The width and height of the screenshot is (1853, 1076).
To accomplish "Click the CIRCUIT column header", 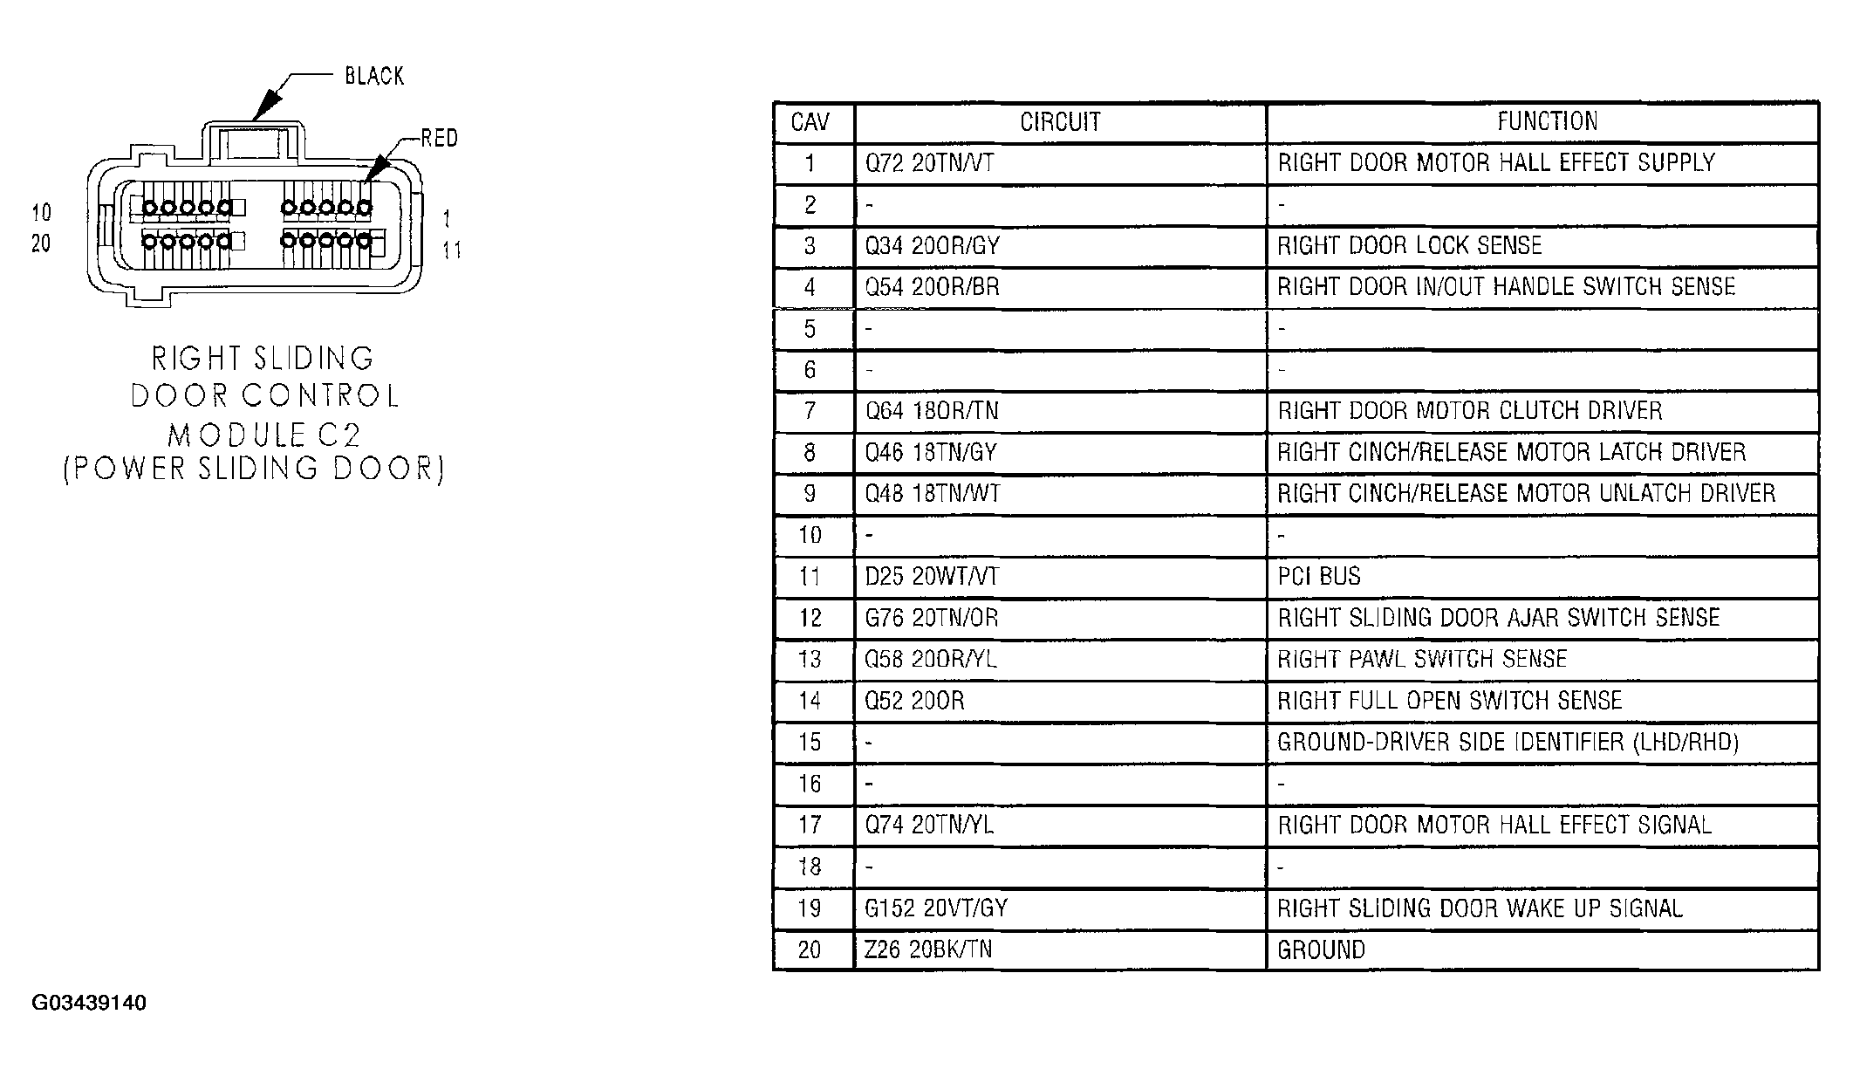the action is [x=1060, y=122].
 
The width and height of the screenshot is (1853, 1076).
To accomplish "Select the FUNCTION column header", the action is [x=1547, y=121].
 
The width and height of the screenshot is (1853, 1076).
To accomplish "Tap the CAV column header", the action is [x=810, y=122].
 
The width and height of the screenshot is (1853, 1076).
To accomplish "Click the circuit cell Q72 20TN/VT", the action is [x=929, y=163].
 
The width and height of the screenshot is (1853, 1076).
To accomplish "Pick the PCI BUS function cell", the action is [x=1318, y=577].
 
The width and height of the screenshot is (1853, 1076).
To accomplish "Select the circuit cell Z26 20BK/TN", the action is [x=928, y=949].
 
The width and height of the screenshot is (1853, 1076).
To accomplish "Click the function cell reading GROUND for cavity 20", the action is [x=1321, y=949].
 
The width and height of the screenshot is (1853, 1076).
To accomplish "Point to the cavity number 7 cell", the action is [x=810, y=411].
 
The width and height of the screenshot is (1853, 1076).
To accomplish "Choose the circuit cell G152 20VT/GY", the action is [x=936, y=908].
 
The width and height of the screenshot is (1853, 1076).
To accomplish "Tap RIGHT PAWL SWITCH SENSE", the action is [x=1422, y=659].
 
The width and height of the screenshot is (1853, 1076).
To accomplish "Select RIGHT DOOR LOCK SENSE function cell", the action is [x=1410, y=246].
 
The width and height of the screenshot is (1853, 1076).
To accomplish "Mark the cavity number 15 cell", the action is [x=810, y=743].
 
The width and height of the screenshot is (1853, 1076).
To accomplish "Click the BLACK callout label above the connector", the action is [x=374, y=77].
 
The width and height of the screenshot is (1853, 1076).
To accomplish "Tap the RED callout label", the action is [x=439, y=138].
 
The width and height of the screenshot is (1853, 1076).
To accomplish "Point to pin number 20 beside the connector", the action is [x=41, y=243].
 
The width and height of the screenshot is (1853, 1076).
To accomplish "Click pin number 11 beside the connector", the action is [x=451, y=250].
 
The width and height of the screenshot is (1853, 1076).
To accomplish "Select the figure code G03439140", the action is [x=89, y=1003].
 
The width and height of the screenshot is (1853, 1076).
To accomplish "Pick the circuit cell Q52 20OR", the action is [x=914, y=701].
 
